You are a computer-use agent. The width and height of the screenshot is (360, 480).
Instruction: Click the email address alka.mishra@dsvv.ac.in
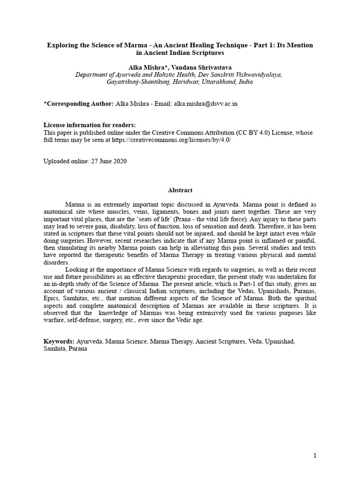[206, 104]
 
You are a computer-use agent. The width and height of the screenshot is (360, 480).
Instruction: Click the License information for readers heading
[90, 125]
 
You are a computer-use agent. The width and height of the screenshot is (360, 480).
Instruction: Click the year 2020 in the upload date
[120, 161]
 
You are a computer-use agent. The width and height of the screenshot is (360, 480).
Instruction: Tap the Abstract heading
[180, 190]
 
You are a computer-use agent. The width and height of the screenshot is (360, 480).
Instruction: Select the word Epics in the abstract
[52, 298]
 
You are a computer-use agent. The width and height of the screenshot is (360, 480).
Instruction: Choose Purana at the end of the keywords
[77, 349]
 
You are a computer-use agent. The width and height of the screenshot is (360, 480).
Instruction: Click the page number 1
[315, 456]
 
